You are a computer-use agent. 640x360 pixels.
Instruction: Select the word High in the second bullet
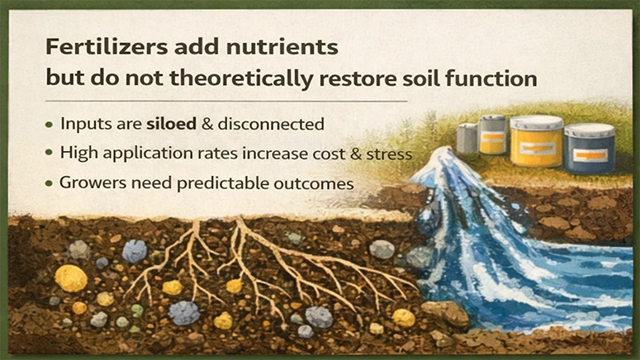78,154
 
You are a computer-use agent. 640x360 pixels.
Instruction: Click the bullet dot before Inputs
50,126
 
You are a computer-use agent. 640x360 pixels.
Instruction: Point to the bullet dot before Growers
50,182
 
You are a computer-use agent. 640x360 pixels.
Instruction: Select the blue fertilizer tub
590,150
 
